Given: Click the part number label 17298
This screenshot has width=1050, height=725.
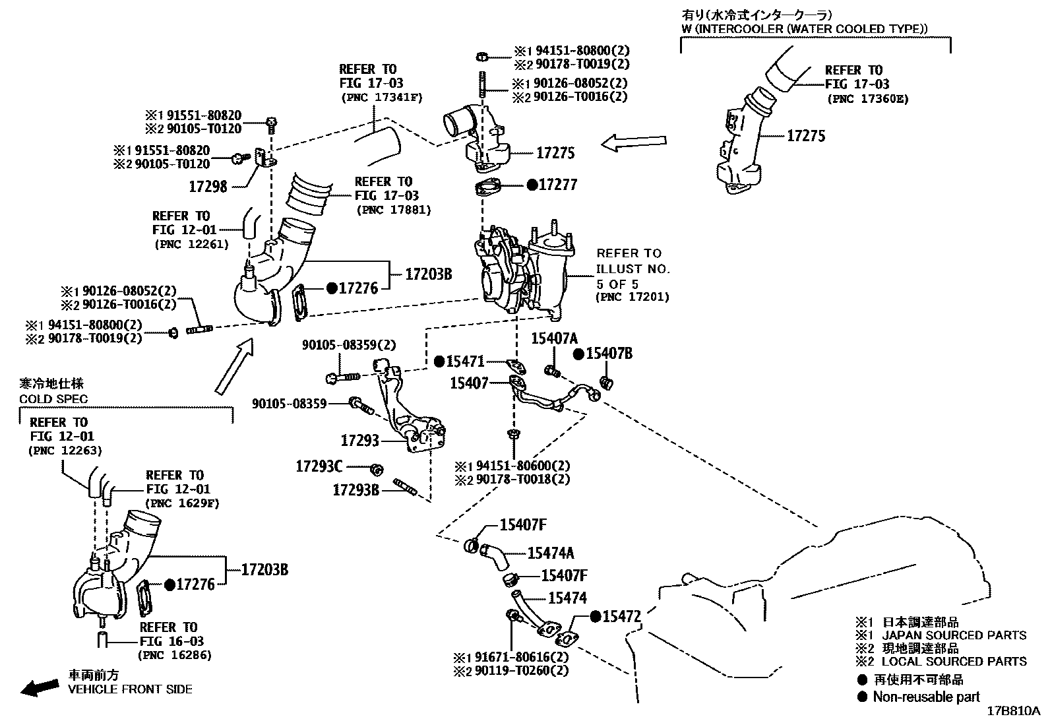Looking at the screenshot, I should tap(208, 186).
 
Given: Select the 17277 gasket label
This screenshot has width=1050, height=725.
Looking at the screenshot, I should tap(557, 185).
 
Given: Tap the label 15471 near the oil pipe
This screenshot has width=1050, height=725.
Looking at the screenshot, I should tap(465, 362).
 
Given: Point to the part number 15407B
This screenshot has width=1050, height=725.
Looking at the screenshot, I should tap(609, 354).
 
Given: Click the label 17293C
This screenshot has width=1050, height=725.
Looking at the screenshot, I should tap(319, 467).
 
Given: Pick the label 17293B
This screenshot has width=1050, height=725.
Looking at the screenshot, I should tap(355, 489).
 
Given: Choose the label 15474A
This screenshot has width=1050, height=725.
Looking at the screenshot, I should tap(551, 553).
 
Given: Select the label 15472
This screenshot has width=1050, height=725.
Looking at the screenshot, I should tap(622, 616).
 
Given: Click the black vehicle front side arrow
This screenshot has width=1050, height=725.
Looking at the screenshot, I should tap(38, 689).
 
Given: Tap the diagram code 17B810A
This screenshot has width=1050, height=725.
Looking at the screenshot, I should tap(1013, 712).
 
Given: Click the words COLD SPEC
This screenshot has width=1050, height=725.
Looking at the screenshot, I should tap(53, 399).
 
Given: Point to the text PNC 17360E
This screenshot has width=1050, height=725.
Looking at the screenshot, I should tap(867, 99).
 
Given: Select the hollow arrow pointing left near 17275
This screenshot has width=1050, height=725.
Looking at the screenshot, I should tap(634, 142).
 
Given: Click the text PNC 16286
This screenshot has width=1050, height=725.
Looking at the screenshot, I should tap(175, 655).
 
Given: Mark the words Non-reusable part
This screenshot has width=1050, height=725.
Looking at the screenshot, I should tap(926, 697).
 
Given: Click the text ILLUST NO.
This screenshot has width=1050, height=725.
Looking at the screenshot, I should tap(633, 268).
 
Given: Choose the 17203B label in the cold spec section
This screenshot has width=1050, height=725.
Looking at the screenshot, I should tap(264, 569).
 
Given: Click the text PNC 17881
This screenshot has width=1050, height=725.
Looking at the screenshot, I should tap(393, 210).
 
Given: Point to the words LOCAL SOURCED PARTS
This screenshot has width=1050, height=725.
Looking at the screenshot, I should tap(954, 661).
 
